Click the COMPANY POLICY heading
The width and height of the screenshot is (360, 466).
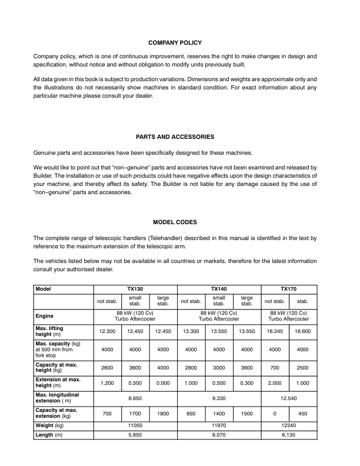pos(175,43)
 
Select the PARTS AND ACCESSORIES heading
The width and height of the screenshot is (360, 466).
pos(175,137)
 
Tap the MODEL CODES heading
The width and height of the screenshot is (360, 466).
pos(175,222)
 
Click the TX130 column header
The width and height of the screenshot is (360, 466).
pos(135,289)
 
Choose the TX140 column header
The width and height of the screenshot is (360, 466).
pos(219,289)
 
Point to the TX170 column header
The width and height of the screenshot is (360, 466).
pos(288,289)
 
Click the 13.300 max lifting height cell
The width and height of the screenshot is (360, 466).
pos(191,331)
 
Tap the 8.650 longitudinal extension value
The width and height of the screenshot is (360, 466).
pos(135,397)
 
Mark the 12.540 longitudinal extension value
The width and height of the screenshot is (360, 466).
pos(288,397)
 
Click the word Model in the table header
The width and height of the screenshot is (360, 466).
pos(44,289)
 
